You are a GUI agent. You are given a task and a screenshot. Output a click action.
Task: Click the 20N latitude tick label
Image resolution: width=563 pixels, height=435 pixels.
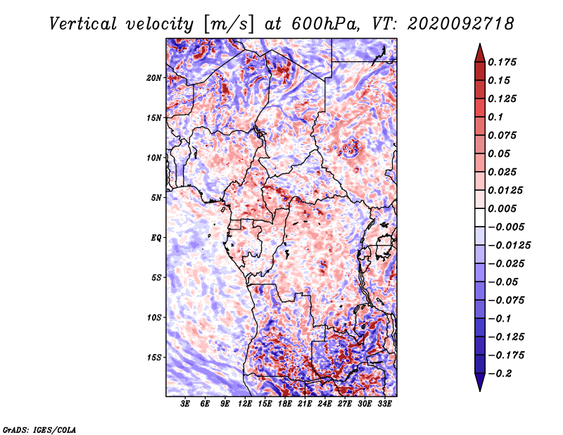pyautogui.click(x=153, y=78)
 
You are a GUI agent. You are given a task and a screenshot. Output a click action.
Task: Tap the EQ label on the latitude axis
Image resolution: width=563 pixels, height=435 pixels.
pyautogui.click(x=156, y=238)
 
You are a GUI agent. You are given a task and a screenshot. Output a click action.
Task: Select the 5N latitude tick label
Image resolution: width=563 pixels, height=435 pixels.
pyautogui.click(x=156, y=198)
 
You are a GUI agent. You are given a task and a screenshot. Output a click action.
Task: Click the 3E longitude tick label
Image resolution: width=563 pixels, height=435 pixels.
pyautogui.click(x=185, y=404)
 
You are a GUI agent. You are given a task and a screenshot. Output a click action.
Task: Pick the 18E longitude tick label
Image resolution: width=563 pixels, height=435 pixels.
pyautogui.click(x=285, y=404)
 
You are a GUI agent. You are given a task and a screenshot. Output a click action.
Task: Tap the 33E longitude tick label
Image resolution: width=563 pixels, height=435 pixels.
pyautogui.click(x=384, y=404)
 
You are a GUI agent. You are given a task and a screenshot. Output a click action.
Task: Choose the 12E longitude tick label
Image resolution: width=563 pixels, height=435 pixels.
pyautogui.click(x=245, y=404)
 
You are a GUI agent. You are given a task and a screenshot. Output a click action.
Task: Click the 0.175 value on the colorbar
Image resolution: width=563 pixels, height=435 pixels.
pyautogui.click(x=502, y=62)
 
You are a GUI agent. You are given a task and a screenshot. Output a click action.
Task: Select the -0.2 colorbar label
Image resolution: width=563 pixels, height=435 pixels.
pyautogui.click(x=500, y=374)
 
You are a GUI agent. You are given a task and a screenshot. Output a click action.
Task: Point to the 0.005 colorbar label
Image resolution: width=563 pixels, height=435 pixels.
pyautogui.click(x=502, y=208)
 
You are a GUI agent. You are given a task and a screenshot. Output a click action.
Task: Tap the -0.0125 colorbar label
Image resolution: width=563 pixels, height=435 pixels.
pyautogui.click(x=509, y=246)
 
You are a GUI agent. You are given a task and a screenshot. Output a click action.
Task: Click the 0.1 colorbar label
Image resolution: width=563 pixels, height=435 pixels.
pyautogui.click(x=495, y=117)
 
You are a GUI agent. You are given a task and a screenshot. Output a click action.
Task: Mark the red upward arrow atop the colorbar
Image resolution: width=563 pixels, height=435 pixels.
pyautogui.click(x=480, y=53)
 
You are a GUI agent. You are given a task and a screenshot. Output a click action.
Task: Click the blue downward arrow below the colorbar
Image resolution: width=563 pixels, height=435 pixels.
pyautogui.click(x=480, y=382)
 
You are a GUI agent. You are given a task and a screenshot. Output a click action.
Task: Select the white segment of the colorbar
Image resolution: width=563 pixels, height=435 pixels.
pyautogui.click(x=480, y=217)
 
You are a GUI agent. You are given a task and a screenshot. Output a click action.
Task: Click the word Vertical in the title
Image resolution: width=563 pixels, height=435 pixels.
pyautogui.click(x=83, y=24)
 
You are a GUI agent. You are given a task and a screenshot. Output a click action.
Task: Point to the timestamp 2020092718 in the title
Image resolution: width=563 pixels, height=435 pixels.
pyautogui.click(x=461, y=24)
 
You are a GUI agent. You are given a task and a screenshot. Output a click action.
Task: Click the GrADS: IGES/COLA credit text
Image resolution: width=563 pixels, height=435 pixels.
pyautogui.click(x=39, y=430)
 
